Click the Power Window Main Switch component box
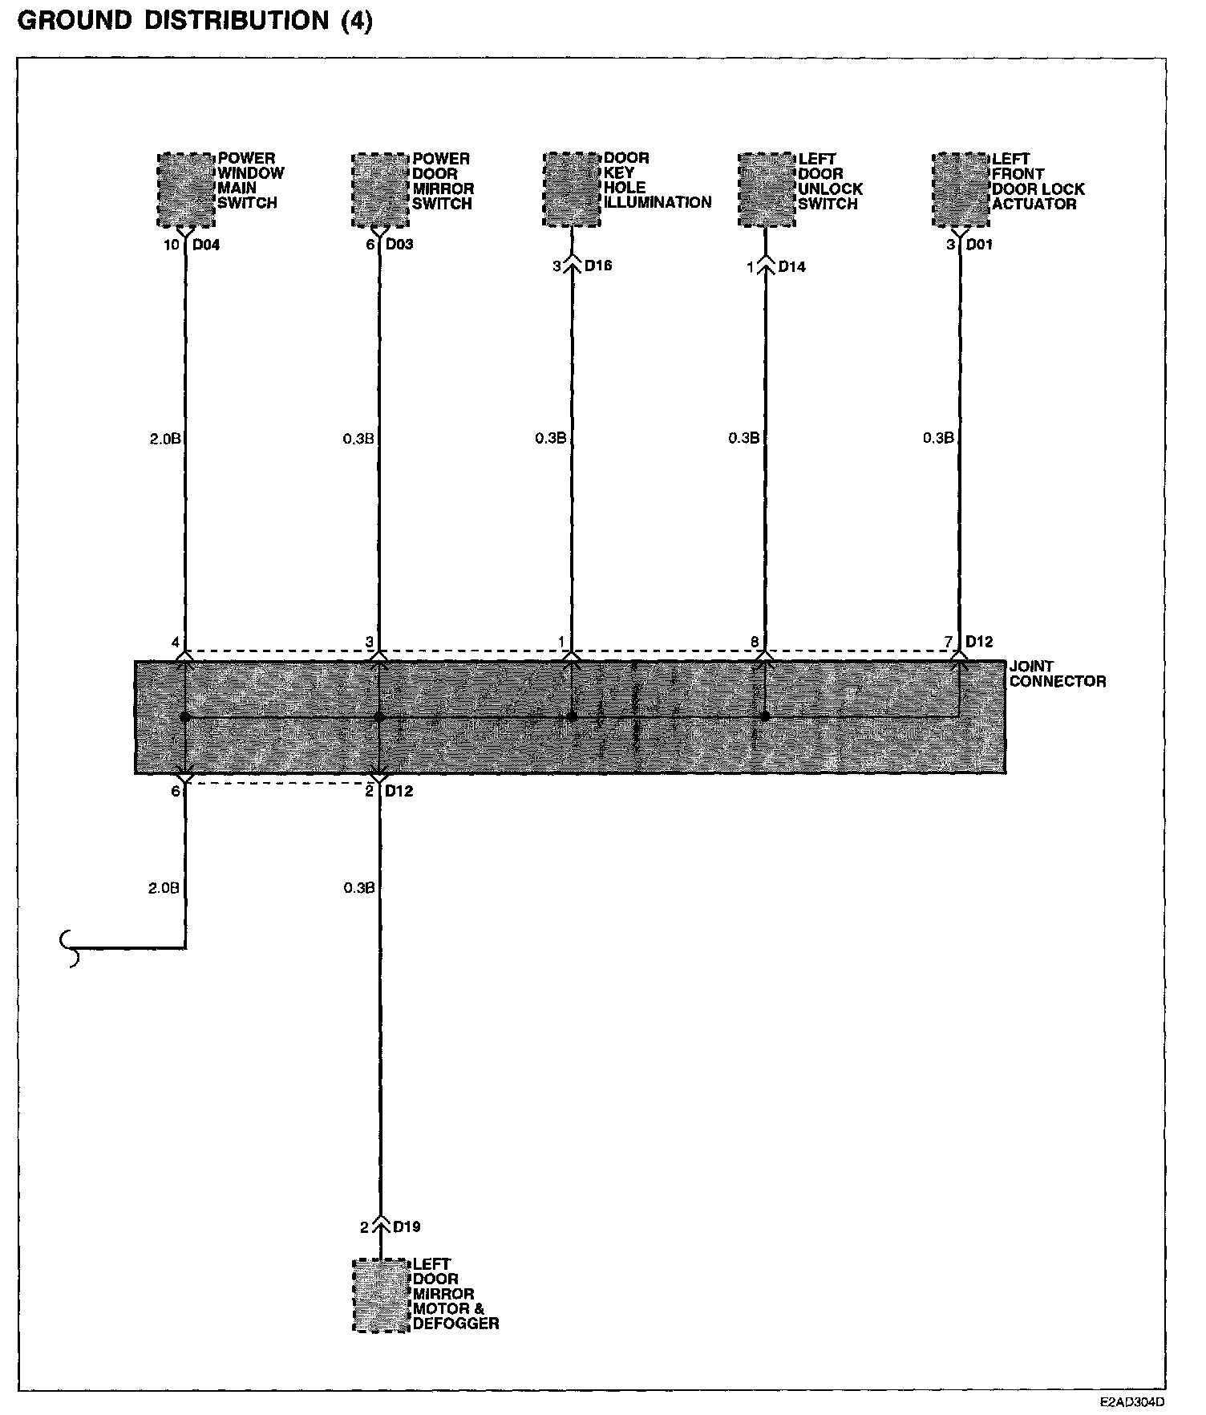pos(186,189)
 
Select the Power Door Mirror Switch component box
pos(381,189)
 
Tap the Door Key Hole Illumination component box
pos(572,189)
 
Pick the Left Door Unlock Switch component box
pos(767,189)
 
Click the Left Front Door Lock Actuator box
pos(961,189)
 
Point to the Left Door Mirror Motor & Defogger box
pos(381,1295)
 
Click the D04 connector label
pos(206,245)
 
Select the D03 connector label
pos(399,244)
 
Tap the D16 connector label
pos(598,266)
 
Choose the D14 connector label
pos(791,266)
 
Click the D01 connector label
pos(979,244)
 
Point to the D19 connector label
pos(407,1226)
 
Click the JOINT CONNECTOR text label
pos(1057,674)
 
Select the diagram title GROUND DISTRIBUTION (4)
pos(195,21)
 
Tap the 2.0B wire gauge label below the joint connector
pos(164,888)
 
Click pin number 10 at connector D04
pos(172,245)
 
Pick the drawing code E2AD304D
pos(1131,1403)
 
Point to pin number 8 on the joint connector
pos(755,642)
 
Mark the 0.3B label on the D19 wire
pos(358,888)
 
